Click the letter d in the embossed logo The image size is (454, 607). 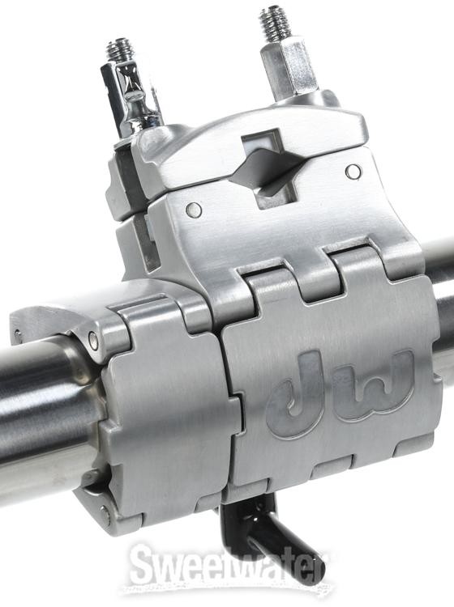coord(298,392)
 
